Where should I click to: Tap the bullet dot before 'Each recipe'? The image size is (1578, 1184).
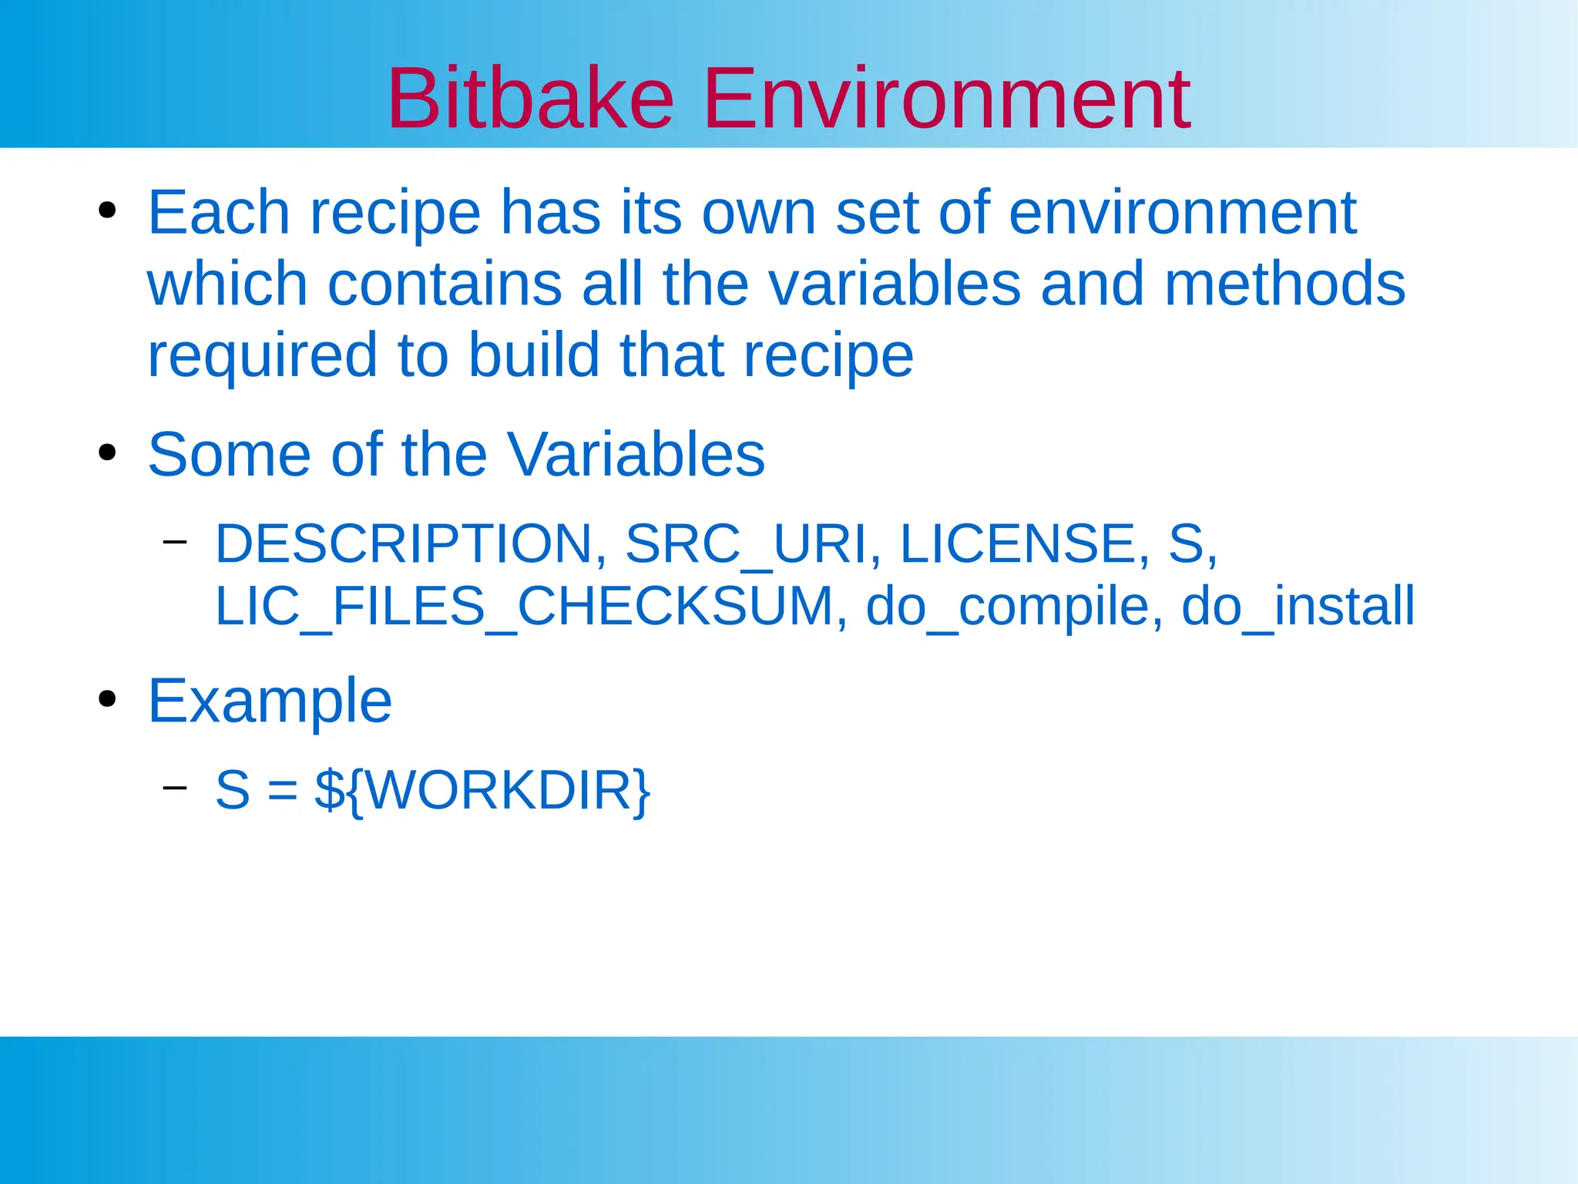107,210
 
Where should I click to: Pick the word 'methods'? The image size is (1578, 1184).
1284,284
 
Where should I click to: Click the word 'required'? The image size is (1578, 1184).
262,356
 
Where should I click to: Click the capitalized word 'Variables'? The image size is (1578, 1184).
635,455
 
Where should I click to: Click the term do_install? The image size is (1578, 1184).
1298,607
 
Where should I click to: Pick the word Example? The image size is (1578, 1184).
270,701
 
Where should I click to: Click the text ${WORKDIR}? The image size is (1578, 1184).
482,790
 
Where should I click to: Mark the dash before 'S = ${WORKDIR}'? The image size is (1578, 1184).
175,787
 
